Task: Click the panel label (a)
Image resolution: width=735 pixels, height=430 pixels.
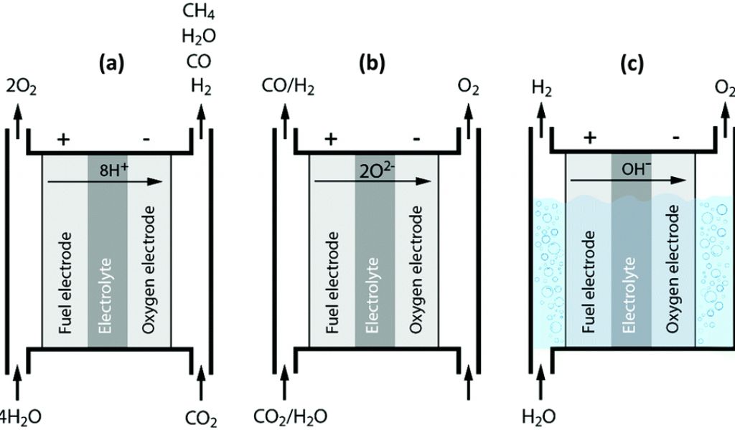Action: tap(111, 64)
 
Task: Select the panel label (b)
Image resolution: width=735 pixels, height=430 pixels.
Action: tap(372, 64)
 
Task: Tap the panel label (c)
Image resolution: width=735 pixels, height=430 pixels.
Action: tap(632, 64)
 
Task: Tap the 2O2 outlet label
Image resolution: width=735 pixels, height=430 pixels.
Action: tap(22, 88)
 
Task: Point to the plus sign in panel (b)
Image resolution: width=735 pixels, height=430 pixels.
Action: tap(331, 139)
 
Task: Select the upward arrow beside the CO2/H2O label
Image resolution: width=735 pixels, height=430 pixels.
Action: tap(286, 383)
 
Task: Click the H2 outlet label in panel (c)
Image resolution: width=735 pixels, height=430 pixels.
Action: tap(540, 88)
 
